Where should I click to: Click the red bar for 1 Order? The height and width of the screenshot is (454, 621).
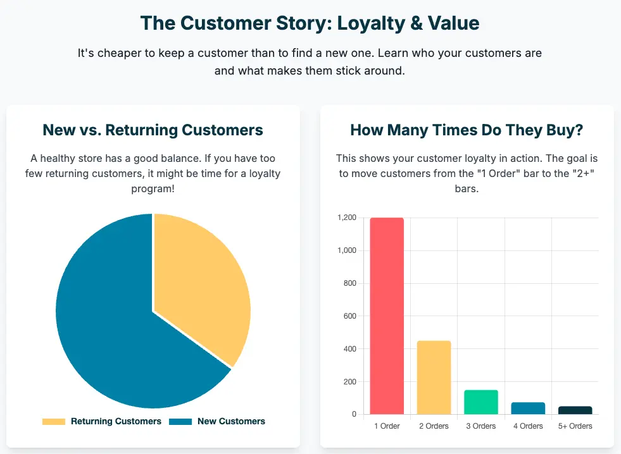pyautogui.click(x=387, y=316)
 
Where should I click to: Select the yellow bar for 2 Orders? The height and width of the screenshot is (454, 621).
pyautogui.click(x=434, y=377)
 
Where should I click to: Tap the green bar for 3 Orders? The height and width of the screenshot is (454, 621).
pyautogui.click(x=481, y=402)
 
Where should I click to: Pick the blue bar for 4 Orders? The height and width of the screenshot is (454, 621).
pyautogui.click(x=528, y=408)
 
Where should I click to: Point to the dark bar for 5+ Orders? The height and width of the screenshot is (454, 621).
pyautogui.click(x=575, y=410)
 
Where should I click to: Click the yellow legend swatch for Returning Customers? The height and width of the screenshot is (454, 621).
pyautogui.click(x=54, y=422)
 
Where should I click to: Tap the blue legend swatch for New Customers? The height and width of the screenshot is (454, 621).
pyautogui.click(x=180, y=422)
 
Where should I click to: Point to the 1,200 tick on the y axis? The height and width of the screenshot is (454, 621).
pyautogui.click(x=347, y=218)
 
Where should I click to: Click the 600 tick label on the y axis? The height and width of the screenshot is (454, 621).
pyautogui.click(x=350, y=316)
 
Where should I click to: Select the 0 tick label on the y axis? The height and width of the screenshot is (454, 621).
pyautogui.click(x=354, y=414)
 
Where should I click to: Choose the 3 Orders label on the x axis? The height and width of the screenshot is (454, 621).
pyautogui.click(x=481, y=426)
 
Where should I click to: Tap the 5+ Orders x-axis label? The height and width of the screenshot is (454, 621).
pyautogui.click(x=575, y=426)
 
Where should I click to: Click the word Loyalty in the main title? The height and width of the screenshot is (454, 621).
pyautogui.click(x=371, y=23)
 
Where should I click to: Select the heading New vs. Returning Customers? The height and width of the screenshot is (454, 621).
pyautogui.click(x=153, y=130)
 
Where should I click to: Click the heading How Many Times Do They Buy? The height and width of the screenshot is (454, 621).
pyautogui.click(x=467, y=130)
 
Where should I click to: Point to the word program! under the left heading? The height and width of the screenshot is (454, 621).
pyautogui.click(x=153, y=188)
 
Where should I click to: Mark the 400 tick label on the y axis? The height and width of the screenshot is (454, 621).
pyautogui.click(x=350, y=349)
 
